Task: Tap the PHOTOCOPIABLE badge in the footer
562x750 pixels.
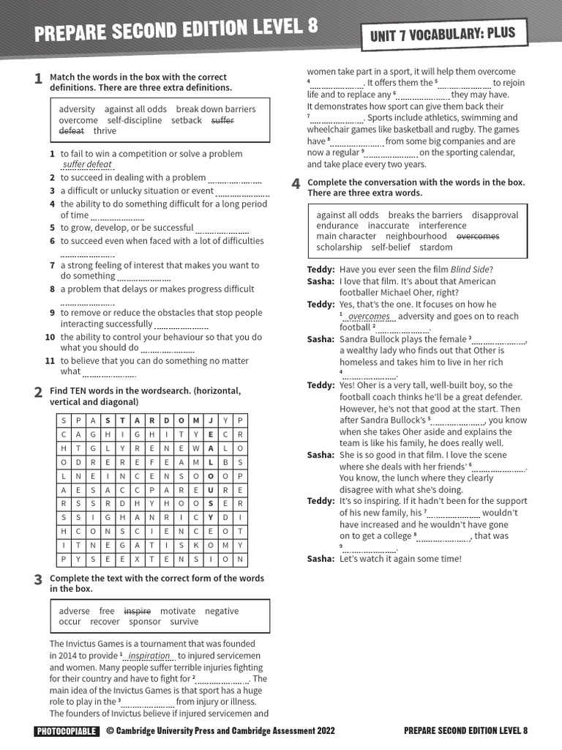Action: pos(66,730)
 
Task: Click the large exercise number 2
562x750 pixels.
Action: pos(38,393)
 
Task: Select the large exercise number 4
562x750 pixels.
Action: pos(296,184)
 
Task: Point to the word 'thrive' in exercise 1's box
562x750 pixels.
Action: pos(105,131)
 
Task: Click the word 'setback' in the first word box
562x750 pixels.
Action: pos(186,120)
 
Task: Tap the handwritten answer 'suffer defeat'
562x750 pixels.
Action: pos(87,165)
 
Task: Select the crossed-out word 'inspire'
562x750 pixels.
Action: pos(137,611)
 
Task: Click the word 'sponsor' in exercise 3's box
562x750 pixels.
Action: pos(145,622)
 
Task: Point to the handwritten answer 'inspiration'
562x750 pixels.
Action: pos(149,656)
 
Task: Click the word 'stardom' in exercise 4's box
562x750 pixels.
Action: pos(435,247)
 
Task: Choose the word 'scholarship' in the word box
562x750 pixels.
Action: pos(339,247)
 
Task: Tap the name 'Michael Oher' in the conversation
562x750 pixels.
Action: pos(407,292)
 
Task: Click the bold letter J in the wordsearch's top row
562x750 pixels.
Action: pos(210,420)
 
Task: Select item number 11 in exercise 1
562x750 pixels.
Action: pos(50,361)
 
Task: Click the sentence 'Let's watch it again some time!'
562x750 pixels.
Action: pos(400,559)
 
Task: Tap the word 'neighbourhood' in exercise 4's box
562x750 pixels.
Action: pos(416,237)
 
